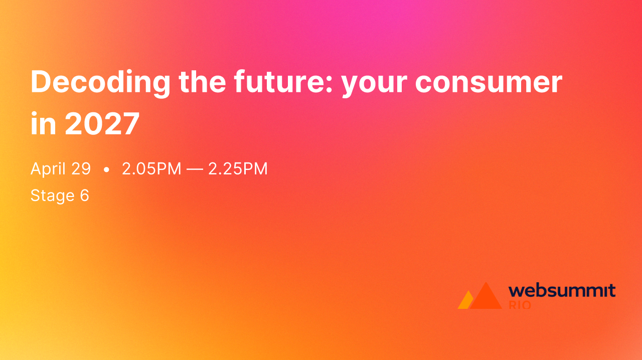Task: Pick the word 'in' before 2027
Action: [x=43, y=124]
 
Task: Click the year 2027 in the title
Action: [x=102, y=124]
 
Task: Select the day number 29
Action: [x=81, y=169]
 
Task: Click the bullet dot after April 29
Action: [x=106, y=170]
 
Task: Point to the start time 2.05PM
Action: [x=151, y=169]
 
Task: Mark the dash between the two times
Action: [x=195, y=169]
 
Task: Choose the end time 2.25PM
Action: [x=238, y=169]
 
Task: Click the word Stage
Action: [x=52, y=196]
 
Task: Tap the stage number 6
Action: [x=84, y=196]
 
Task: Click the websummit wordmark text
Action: [x=562, y=290]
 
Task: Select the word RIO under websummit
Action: [x=520, y=305]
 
